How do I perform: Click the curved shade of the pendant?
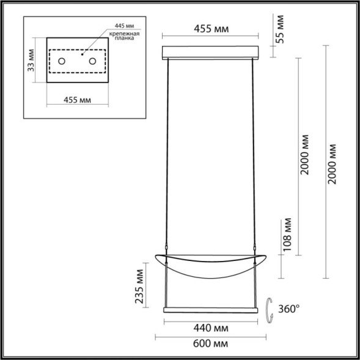[x=211, y=263]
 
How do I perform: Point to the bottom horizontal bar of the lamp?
[x=211, y=310]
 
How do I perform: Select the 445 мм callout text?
[x=125, y=28]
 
